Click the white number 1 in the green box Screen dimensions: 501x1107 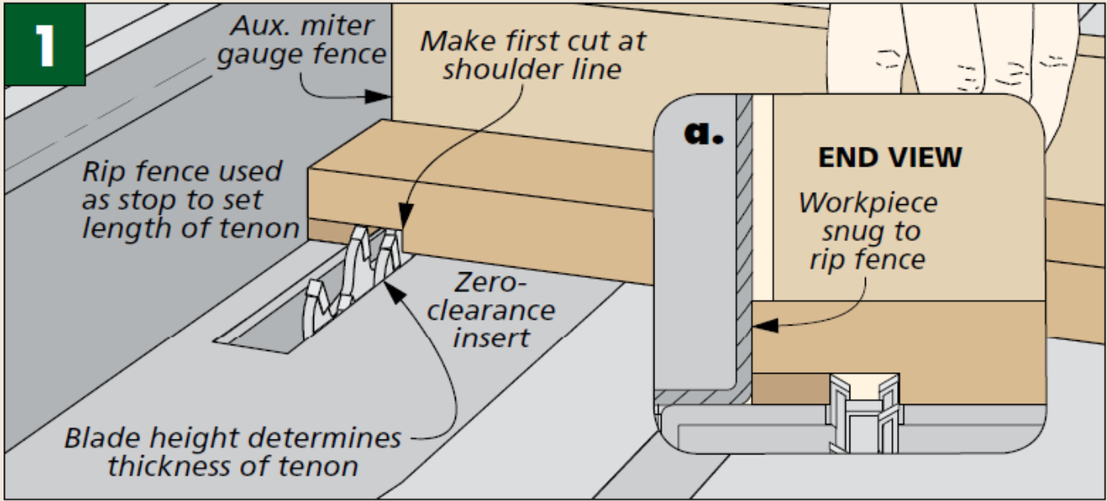pos(44,44)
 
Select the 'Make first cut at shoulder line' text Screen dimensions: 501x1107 pos(532,55)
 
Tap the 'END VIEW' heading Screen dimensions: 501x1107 pos(890,157)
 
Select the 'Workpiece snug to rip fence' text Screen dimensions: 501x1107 pos(868,230)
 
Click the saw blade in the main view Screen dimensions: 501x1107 pos(353,279)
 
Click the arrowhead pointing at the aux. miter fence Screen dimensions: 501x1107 pos(380,97)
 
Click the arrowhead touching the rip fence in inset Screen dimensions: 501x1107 pos(760,326)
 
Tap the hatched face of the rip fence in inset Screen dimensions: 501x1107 pos(744,246)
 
